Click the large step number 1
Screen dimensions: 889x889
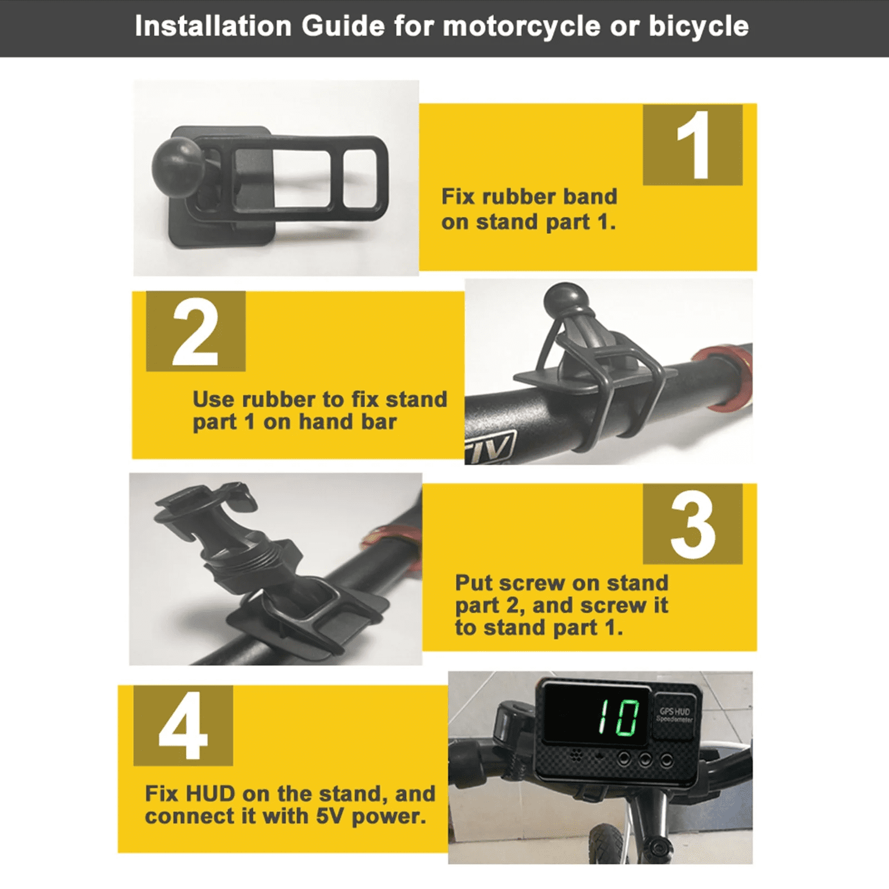(x=693, y=144)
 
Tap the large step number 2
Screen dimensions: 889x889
(x=195, y=332)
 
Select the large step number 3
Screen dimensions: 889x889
(x=693, y=525)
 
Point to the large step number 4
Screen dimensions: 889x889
(x=183, y=725)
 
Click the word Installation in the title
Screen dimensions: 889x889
(x=213, y=26)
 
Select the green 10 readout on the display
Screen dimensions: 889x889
(x=618, y=717)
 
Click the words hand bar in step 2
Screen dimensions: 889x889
(x=348, y=422)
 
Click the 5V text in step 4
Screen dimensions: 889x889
(x=331, y=816)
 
